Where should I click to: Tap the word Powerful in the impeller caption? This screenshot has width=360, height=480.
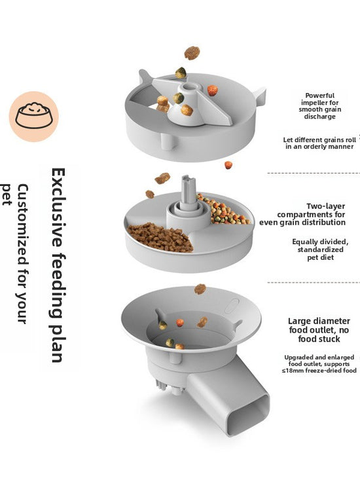coord(319,96)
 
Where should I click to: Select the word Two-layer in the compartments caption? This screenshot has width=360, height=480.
coord(326,206)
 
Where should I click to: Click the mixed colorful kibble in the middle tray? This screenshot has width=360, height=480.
coord(223,210)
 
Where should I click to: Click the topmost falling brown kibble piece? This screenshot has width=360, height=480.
coord(192,52)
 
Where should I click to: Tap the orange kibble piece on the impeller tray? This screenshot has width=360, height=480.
coord(213,90)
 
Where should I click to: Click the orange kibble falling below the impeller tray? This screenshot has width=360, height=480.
coord(228,165)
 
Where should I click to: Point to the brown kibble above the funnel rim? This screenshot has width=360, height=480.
coord(200,289)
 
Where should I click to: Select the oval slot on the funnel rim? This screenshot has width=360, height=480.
coord(232,306)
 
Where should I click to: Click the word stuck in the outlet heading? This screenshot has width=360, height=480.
coord(329,339)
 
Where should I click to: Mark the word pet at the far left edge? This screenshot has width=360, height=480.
coord(6,194)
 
